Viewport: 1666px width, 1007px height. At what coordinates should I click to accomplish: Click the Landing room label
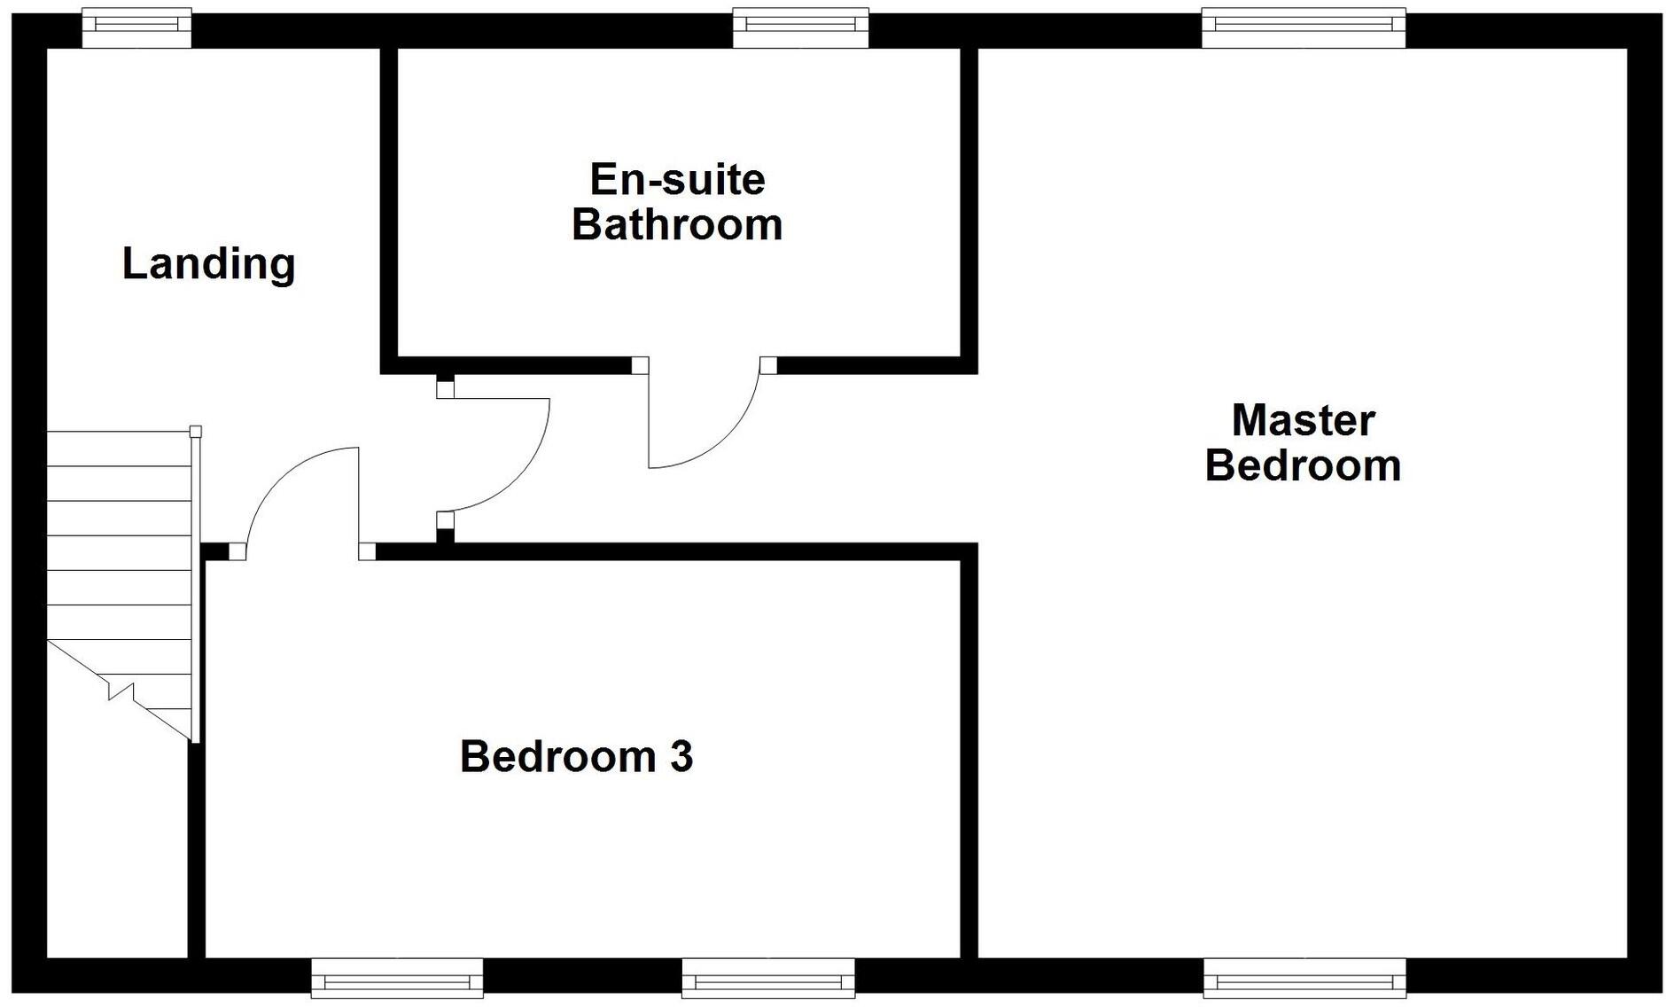tap(208, 264)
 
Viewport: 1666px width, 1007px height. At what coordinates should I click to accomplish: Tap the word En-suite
tap(677, 180)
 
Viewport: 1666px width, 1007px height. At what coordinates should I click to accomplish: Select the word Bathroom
tap(677, 225)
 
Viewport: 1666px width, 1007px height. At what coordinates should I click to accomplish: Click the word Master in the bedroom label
tap(1303, 420)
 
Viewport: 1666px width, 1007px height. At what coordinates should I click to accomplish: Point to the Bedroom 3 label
tap(576, 757)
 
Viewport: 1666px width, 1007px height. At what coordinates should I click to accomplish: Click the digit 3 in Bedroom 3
tap(681, 757)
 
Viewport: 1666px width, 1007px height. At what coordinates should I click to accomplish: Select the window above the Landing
tap(136, 27)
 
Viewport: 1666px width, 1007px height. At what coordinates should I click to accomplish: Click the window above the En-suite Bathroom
tap(800, 27)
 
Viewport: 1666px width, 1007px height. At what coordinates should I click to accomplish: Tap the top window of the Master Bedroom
tap(1303, 27)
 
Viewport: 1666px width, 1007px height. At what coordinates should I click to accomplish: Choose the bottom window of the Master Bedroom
tap(1304, 979)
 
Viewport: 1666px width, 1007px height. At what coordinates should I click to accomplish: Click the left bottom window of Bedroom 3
tap(397, 979)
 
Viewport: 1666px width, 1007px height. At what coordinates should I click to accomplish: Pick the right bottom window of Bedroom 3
tap(767, 979)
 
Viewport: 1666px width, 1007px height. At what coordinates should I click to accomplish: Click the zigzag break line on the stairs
tap(121, 691)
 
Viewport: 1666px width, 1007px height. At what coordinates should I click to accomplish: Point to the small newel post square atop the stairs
tap(196, 432)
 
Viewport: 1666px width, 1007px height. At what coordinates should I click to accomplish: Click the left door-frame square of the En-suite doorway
tap(639, 365)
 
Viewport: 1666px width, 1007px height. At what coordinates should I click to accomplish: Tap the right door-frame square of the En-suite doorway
tap(767, 365)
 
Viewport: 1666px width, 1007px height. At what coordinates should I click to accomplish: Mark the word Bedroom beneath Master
tap(1303, 466)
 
